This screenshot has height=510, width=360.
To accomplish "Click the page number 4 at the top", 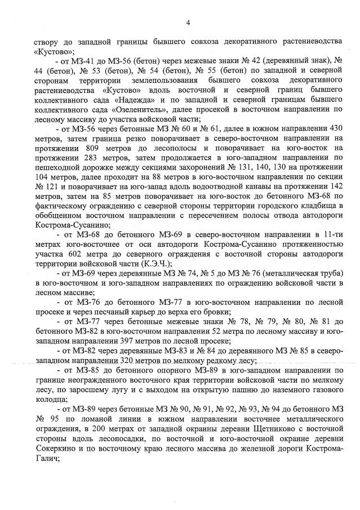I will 188,22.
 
